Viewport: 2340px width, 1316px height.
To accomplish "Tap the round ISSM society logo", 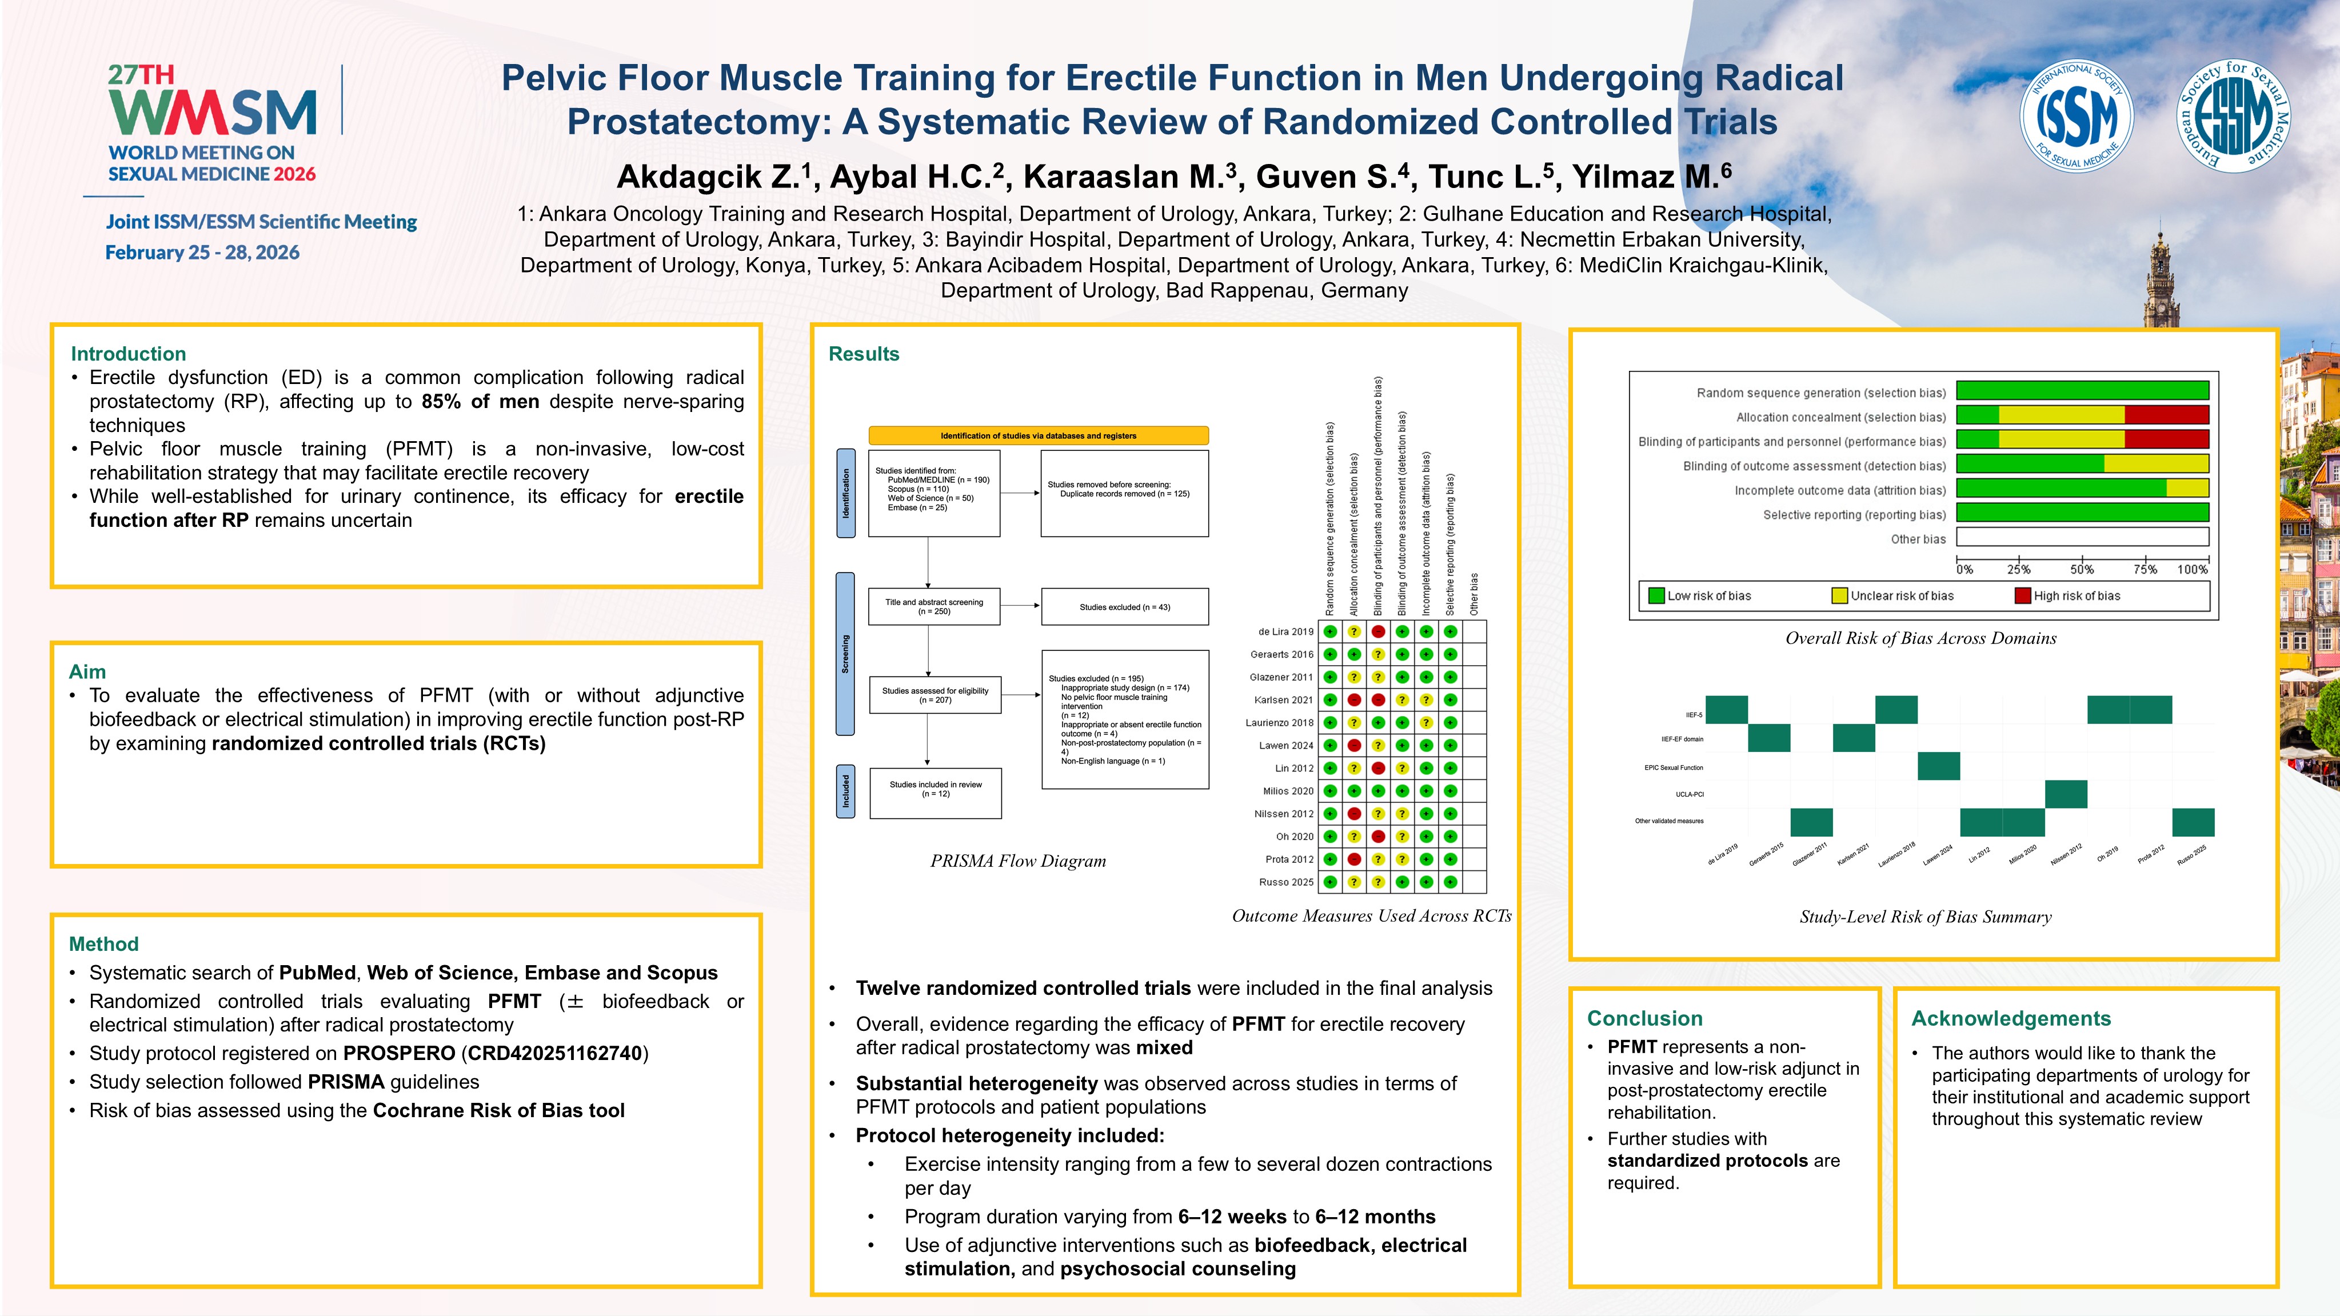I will [2076, 116].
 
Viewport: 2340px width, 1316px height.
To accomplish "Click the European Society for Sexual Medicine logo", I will [2234, 116].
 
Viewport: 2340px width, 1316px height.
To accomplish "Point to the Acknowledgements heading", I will [2010, 1018].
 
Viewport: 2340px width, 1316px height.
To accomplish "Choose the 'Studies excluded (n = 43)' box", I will [1125, 607].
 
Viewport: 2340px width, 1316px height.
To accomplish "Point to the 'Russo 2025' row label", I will [1285, 882].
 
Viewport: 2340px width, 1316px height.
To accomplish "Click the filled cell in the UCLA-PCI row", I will [2066, 794].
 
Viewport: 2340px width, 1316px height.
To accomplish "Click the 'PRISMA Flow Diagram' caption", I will [1017, 861].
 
